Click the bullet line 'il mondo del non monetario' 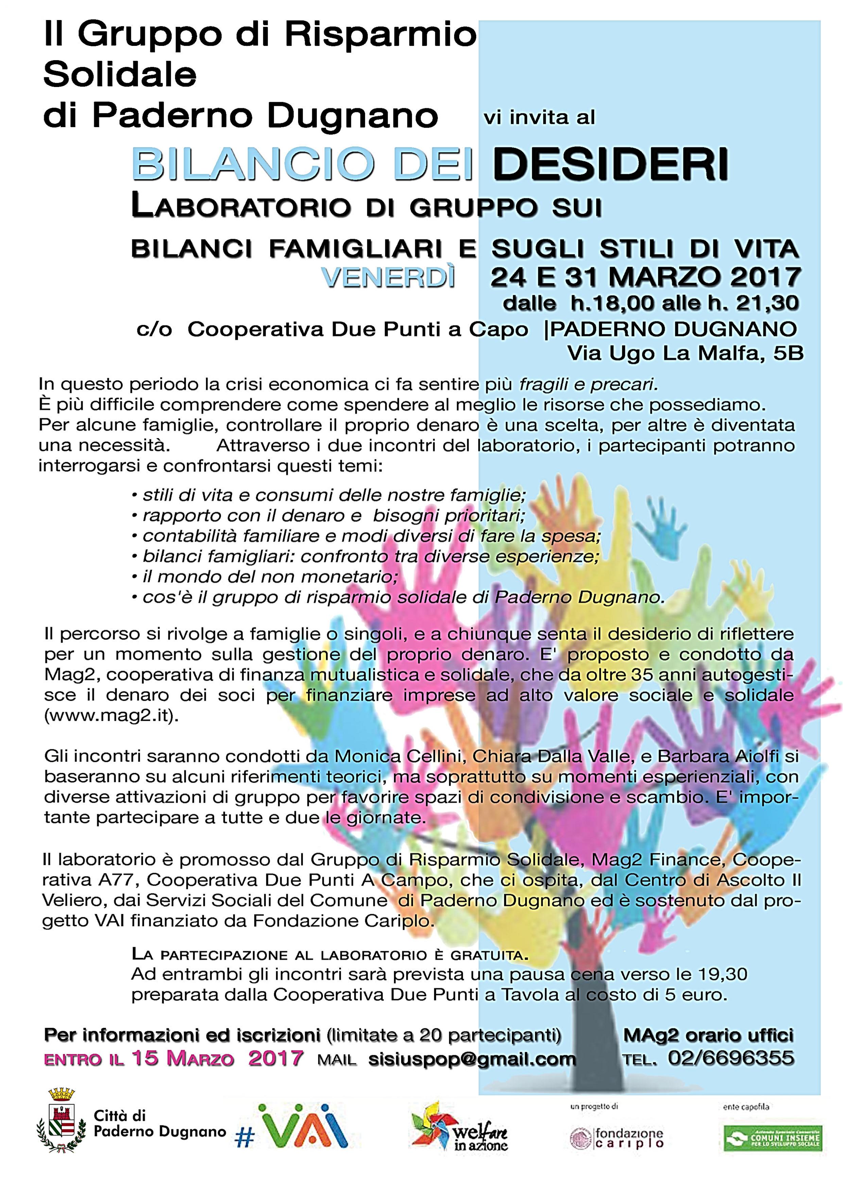270,577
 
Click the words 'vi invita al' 539,118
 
